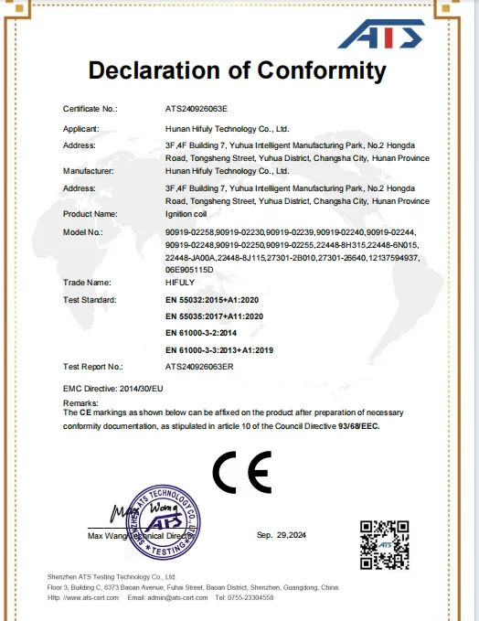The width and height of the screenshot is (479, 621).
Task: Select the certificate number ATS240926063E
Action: (x=197, y=108)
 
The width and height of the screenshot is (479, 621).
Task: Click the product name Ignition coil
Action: (x=186, y=213)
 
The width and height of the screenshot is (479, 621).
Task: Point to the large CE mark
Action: (x=241, y=472)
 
